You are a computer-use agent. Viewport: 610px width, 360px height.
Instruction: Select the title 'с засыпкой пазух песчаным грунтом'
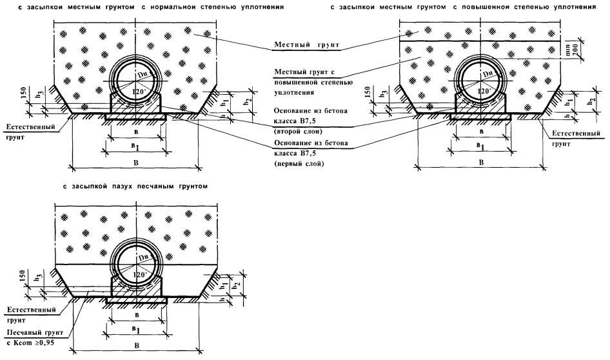[x=135, y=186]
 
